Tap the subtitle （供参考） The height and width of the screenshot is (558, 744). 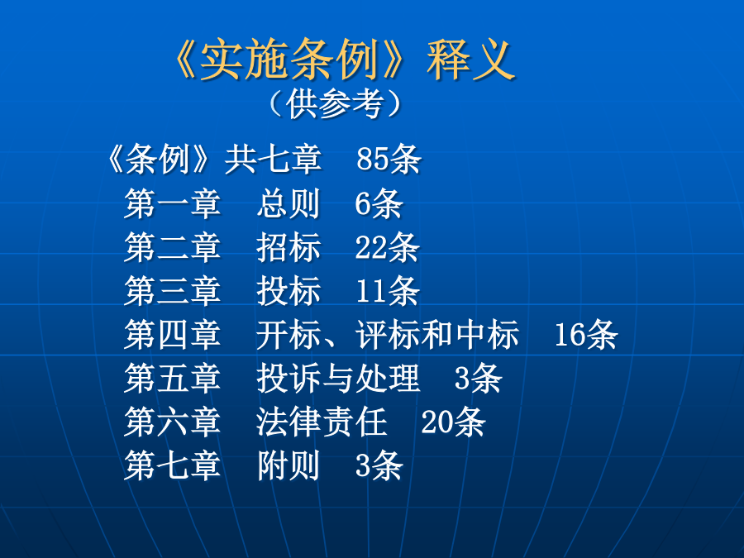tap(335, 103)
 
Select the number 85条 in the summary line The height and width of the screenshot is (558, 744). tap(389, 159)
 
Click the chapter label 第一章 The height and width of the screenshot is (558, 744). tap(172, 203)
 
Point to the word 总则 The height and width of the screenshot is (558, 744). tap(289, 203)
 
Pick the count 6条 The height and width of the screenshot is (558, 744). tap(379, 203)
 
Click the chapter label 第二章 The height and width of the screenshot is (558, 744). tap(172, 246)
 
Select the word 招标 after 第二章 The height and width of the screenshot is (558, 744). tap(289, 246)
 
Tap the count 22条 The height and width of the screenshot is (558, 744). tap(387, 246)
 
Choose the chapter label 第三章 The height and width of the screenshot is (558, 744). tap(172, 290)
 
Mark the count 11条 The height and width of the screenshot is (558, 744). tap(388, 290)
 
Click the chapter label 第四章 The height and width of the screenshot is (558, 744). tap(172, 334)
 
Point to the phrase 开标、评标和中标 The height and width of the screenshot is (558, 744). tap(388, 334)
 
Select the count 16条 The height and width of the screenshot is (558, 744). tap(586, 334)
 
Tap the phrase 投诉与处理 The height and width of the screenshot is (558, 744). tap(338, 378)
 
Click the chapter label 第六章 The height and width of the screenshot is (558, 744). tap(172, 422)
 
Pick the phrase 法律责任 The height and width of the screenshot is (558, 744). tap(322, 422)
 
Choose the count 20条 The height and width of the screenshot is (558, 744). tap(453, 422)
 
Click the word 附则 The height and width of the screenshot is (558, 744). tap(289, 465)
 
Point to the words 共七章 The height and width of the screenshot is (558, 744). tap(274, 159)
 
